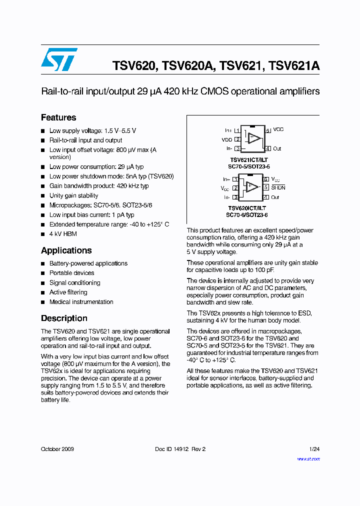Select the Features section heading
coord(58,117)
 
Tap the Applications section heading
coord(66,250)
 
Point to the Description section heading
coord(64,318)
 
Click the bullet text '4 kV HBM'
coord(63,233)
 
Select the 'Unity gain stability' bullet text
coord(73,195)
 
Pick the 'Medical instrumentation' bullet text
coord(81,301)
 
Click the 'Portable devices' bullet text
coord(71,273)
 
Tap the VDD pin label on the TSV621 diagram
coord(227,140)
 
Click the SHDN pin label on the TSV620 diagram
coord(278,187)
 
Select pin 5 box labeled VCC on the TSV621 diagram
coord(268,130)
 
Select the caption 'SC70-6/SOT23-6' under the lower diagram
coord(247,214)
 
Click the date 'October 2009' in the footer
coord(57,449)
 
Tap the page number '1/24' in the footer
coord(314,449)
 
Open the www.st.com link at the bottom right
coord(308,458)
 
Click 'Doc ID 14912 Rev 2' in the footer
coord(180,449)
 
